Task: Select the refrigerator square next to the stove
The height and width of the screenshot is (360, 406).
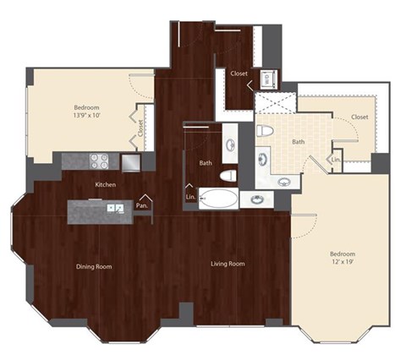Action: pyautogui.click(x=130, y=161)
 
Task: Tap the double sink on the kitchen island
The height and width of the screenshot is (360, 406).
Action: pyautogui.click(x=114, y=208)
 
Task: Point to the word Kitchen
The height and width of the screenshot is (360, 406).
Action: pyautogui.click(x=105, y=184)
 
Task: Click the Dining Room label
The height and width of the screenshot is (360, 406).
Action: pyautogui.click(x=95, y=266)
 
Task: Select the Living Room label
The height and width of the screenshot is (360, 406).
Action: pyautogui.click(x=228, y=265)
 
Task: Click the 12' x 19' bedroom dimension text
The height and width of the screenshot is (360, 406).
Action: pyautogui.click(x=343, y=261)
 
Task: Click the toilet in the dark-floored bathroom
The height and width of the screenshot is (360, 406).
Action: pyautogui.click(x=227, y=176)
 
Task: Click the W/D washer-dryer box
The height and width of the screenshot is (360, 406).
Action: pyautogui.click(x=267, y=78)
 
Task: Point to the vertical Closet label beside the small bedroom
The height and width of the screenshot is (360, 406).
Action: pyautogui.click(x=140, y=128)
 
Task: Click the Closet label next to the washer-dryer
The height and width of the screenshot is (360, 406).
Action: pyautogui.click(x=239, y=74)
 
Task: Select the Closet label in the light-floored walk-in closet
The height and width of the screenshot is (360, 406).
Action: pyautogui.click(x=359, y=117)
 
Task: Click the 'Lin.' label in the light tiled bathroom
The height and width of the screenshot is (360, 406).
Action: pyautogui.click(x=336, y=159)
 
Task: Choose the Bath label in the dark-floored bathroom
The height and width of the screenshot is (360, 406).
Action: pyautogui.click(x=206, y=162)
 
